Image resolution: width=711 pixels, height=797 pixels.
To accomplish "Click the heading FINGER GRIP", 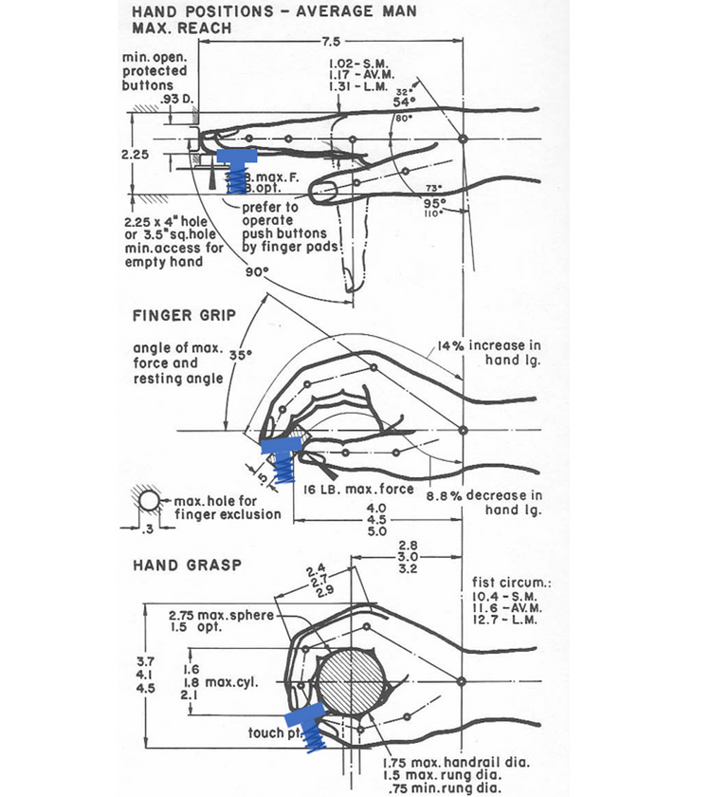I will coord(186,315).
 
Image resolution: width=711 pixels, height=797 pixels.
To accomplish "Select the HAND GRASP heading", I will coord(187,565).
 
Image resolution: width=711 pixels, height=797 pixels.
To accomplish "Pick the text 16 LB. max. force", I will coord(359,490).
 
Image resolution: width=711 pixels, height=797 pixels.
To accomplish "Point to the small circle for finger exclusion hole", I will coord(149,500).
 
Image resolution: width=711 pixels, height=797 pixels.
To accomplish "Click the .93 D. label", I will coord(177,98).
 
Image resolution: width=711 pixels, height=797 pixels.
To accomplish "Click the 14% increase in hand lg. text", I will coord(489,352).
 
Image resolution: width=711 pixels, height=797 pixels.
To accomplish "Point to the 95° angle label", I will coord(434,202).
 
